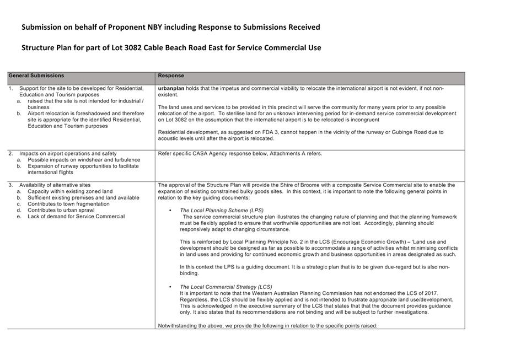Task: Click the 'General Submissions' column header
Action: point(36,76)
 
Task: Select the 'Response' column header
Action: point(171,76)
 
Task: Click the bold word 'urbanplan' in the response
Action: point(171,88)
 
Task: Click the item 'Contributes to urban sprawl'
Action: point(61,210)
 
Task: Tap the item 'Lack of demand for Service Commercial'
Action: point(76,216)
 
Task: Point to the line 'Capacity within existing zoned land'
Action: point(70,191)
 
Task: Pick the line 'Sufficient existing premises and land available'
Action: point(83,197)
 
